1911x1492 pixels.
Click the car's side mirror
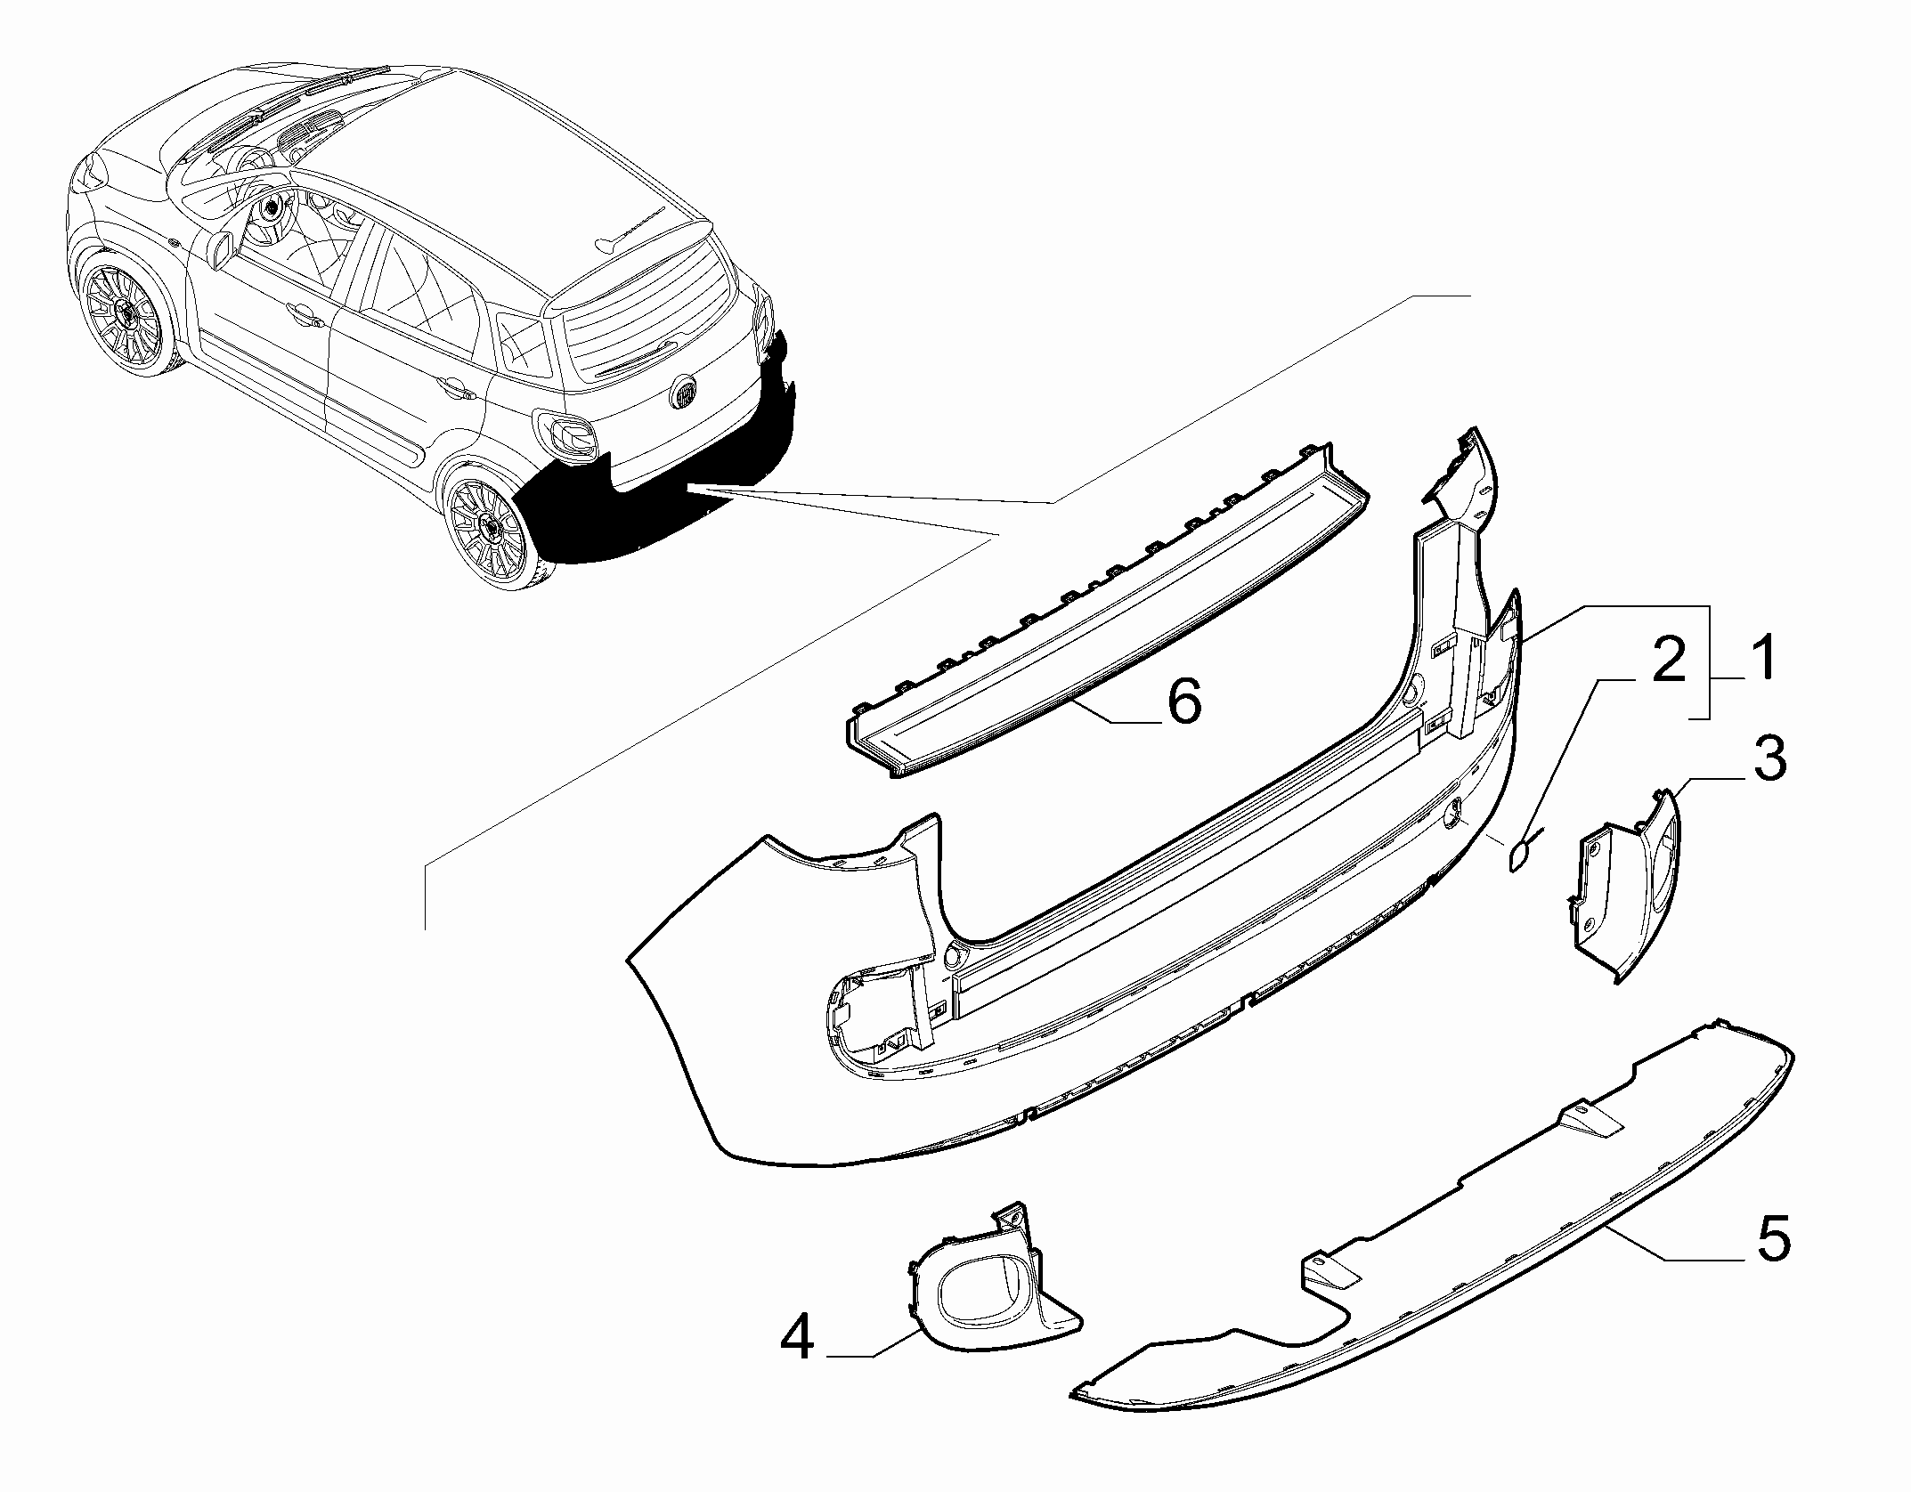(x=222, y=247)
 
